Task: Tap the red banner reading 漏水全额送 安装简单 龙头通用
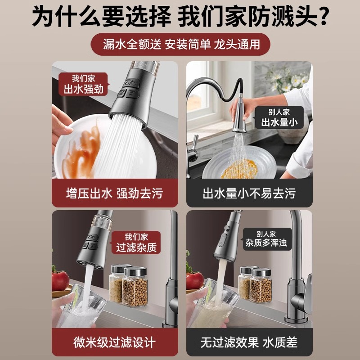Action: (x=180, y=45)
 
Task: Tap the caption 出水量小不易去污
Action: (x=249, y=194)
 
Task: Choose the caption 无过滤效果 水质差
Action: (x=249, y=342)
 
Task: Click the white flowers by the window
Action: (x=288, y=79)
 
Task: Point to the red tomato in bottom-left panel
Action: (x=60, y=280)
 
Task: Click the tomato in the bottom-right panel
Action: (x=194, y=280)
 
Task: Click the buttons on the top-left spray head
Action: (x=127, y=88)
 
